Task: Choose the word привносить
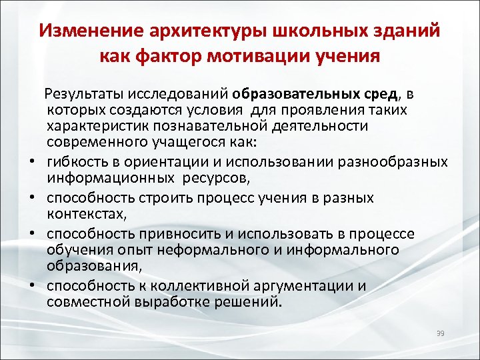click(175, 234)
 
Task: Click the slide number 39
click(439, 333)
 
